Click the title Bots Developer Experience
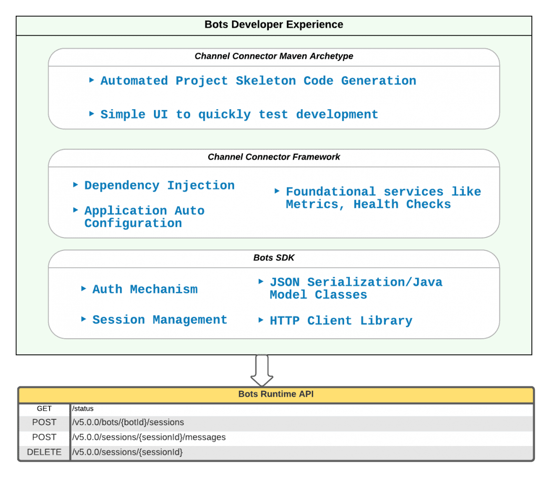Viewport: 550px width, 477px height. [274, 25]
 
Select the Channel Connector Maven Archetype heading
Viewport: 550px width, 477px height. [274, 56]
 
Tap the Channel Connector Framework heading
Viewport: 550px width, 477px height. [274, 157]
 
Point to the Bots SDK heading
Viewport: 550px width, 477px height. [274, 258]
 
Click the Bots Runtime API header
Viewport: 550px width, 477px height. [275, 394]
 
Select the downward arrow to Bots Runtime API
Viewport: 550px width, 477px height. [262, 370]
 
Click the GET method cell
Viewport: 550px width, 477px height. [44, 409]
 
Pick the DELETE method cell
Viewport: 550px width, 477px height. [44, 452]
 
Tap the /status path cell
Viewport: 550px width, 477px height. [83, 409]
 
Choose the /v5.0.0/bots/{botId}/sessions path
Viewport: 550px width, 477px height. [128, 422]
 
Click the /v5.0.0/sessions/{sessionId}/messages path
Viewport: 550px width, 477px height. [149, 437]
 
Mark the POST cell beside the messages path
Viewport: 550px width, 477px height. [44, 437]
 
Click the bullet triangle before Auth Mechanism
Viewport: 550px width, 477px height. [83, 289]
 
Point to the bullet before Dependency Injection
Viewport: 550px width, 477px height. [75, 185]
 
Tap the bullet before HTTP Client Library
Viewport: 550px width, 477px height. [261, 320]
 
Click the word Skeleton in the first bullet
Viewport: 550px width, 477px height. [265, 81]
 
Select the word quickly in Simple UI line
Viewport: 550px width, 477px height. [224, 115]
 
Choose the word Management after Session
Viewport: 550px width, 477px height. [190, 320]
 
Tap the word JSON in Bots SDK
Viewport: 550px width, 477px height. [285, 282]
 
